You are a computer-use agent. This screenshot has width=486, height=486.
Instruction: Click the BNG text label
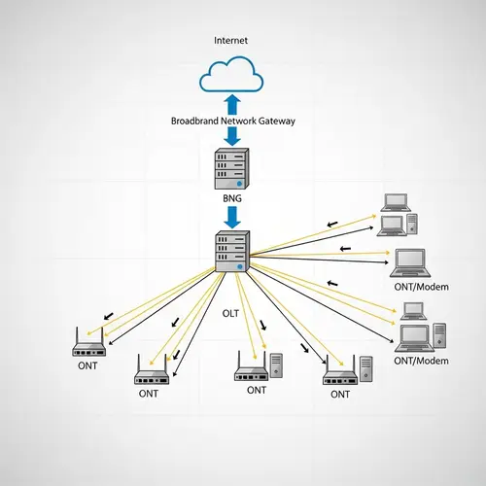point(231,198)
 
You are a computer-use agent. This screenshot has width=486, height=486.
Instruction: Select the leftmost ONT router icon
point(88,342)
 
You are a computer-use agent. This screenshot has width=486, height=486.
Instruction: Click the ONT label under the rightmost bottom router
point(339,394)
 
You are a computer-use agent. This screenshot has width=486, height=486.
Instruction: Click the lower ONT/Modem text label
point(423,361)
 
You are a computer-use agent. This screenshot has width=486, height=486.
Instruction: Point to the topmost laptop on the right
point(395,202)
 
